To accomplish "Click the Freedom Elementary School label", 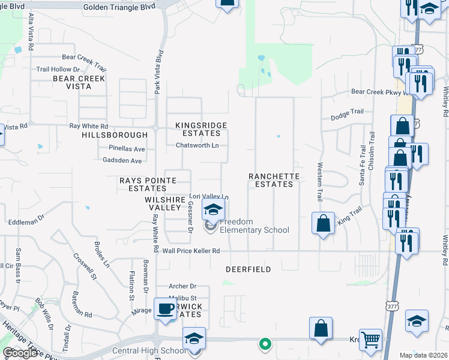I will pyautogui.click(x=254, y=226).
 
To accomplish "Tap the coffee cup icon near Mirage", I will pyautogui.click(x=165, y=309).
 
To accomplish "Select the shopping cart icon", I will pyautogui.click(x=370, y=340).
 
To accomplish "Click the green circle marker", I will pyautogui.click(x=264, y=344).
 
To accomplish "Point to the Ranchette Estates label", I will pyautogui.click(x=271, y=180).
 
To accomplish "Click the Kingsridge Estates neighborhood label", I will pyautogui.click(x=201, y=129).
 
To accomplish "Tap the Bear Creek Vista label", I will pyautogui.click(x=79, y=82).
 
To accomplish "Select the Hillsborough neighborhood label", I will pyautogui.click(x=114, y=136).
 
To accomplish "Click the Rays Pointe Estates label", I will pyautogui.click(x=148, y=184).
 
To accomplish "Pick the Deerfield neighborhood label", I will pyautogui.click(x=248, y=269).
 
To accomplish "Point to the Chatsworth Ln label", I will pyautogui.click(x=201, y=145).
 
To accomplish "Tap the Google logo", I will pyautogui.click(x=20, y=353).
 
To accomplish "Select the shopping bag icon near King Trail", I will pyautogui.click(x=322, y=223).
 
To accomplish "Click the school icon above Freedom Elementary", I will pyautogui.click(x=212, y=210).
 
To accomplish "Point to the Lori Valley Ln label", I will pyautogui.click(x=209, y=196).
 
